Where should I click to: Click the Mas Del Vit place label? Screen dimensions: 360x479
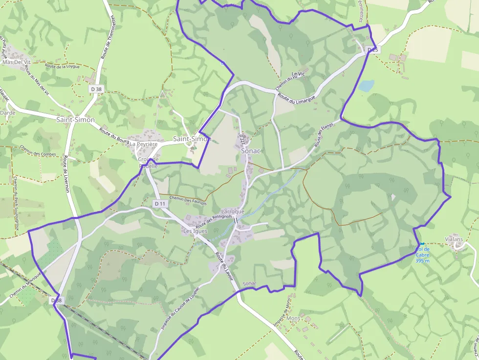pyautogui.click(x=16, y=62)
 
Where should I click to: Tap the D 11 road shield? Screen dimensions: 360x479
pyautogui.click(x=159, y=203)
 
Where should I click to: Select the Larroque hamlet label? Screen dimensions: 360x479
pyautogui.click(x=233, y=212)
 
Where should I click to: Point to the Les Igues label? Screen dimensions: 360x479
pyautogui.click(x=195, y=231)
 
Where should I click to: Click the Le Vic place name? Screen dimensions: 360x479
pyautogui.click(x=297, y=74)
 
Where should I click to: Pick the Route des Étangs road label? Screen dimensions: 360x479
pyautogui.click(x=323, y=135)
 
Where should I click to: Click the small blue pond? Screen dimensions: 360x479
pyautogui.click(x=366, y=85)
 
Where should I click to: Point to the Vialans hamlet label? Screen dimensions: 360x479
pyautogui.click(x=454, y=239)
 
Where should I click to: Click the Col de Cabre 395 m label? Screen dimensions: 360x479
pyautogui.click(x=422, y=254)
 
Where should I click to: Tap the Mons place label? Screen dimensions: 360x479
pyautogui.click(x=294, y=318)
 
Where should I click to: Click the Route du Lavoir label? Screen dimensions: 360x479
pyautogui.click(x=225, y=268)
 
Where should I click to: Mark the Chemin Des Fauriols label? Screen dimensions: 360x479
pyautogui.click(x=188, y=200)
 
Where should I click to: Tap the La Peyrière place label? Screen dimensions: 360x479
pyautogui.click(x=143, y=144)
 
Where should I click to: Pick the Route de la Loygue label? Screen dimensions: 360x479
pyautogui.click(x=62, y=66)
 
